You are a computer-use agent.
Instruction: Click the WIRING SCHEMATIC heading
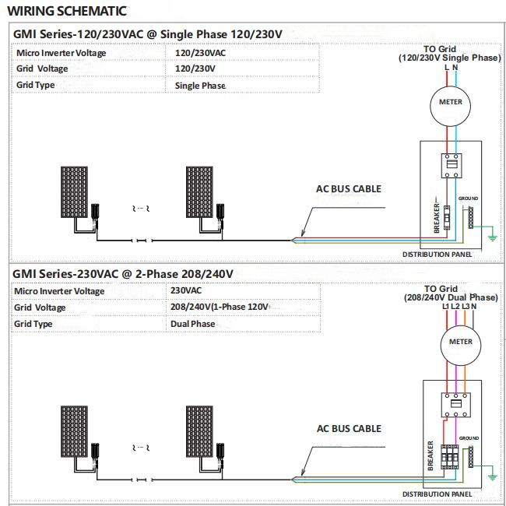pyautogui.click(x=67, y=12)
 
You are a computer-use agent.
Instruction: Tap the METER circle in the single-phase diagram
pyautogui.click(x=450, y=102)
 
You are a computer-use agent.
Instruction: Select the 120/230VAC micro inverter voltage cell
pyautogui.click(x=201, y=53)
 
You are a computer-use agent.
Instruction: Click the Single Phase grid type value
pyautogui.click(x=200, y=85)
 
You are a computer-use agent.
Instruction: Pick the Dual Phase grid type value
pyautogui.click(x=192, y=324)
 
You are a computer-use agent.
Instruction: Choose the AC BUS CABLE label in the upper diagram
pyautogui.click(x=348, y=188)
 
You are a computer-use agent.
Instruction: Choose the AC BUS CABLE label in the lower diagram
pyautogui.click(x=349, y=428)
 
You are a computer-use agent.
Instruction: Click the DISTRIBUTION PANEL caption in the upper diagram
pyautogui.click(x=437, y=255)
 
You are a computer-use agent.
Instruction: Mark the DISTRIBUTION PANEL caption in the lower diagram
pyautogui.click(x=437, y=494)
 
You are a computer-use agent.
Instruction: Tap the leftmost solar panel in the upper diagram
pyautogui.click(x=75, y=192)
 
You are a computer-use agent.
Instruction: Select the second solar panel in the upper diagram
pyautogui.click(x=200, y=192)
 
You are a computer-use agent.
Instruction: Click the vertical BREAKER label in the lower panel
pyautogui.click(x=430, y=455)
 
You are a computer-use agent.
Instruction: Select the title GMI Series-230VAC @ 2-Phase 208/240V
pyautogui.click(x=123, y=274)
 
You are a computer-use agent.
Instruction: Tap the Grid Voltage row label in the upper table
pyautogui.click(x=42, y=69)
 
